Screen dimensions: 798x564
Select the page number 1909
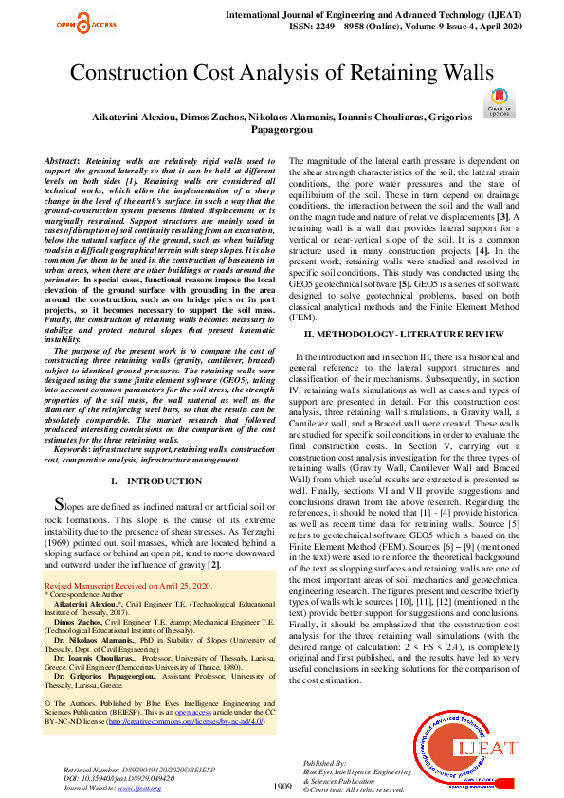tap(282, 786)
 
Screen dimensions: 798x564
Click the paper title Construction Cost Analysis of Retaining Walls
tap(282, 73)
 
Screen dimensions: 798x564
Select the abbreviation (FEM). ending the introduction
tap(302, 319)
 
